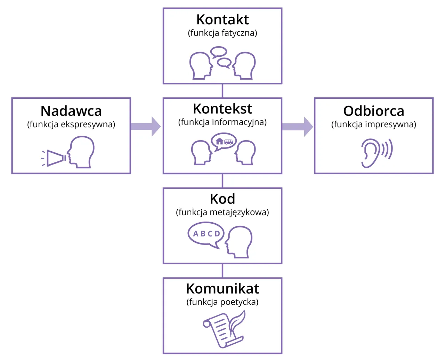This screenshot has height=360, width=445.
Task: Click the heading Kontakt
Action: [222, 20]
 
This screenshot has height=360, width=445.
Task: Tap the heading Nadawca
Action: [71, 111]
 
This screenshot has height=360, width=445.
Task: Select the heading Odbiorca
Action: [374, 111]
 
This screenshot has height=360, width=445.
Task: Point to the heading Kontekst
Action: [222, 109]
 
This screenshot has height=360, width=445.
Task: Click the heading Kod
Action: [222, 199]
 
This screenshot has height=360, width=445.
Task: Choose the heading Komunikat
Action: [222, 289]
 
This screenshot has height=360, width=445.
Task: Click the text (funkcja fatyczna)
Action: [222, 33]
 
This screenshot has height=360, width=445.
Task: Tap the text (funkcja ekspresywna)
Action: [71, 125]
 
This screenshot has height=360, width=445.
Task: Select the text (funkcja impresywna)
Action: [374, 125]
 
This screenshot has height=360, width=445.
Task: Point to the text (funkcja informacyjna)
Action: [222, 122]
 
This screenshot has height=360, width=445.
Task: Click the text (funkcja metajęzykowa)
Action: [222, 212]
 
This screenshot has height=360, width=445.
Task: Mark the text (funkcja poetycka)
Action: [222, 302]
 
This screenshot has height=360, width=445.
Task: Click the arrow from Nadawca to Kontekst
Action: [146, 126]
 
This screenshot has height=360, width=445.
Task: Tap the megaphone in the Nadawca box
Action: [55, 158]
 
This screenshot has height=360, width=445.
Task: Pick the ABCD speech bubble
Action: [206, 234]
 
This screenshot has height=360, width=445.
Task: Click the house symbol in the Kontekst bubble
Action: [219, 141]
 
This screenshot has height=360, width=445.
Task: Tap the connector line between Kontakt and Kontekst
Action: [222, 91]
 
